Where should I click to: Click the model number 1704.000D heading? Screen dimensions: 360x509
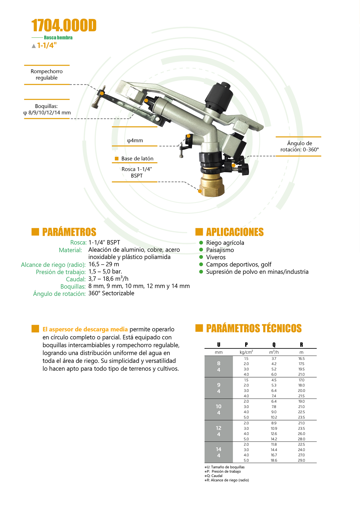(64, 25)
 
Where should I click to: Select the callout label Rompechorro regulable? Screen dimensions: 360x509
(46, 74)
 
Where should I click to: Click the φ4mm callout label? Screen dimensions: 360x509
(135, 140)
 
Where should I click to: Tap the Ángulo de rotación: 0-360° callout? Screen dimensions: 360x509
(299, 146)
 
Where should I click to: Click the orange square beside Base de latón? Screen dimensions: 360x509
(116, 158)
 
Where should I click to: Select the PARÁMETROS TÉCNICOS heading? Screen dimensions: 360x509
(254, 328)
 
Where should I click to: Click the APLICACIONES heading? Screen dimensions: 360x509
(235, 232)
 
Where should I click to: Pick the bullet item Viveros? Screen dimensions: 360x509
(216, 257)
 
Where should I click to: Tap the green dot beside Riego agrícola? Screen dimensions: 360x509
(201, 242)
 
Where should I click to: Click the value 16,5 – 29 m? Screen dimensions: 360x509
(104, 264)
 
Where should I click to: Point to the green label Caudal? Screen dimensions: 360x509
(76, 279)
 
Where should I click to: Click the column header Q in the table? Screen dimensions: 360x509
(274, 345)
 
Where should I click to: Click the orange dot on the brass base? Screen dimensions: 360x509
(200, 191)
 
